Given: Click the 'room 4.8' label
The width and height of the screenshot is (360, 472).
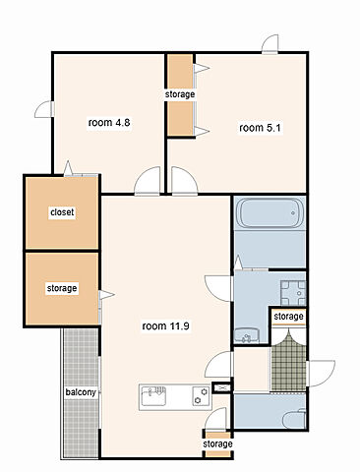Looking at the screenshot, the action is [x=109, y=123].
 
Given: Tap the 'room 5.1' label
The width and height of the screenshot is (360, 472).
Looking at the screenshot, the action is [x=260, y=128].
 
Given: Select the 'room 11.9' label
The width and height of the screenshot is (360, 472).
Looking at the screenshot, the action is [x=166, y=326].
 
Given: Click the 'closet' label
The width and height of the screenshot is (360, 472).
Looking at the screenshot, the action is [x=62, y=212].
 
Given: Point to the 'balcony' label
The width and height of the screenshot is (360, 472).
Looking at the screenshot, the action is [x=81, y=392].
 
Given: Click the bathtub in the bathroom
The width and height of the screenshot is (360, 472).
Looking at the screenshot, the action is [x=270, y=213].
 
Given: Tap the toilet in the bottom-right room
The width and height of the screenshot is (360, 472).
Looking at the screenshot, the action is [x=294, y=419].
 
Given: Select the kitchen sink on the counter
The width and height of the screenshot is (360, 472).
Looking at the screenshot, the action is [x=152, y=395].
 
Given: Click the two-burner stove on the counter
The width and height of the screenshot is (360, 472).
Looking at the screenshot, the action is [x=201, y=396].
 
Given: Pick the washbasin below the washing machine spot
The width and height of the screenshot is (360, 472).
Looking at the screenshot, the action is [x=246, y=335].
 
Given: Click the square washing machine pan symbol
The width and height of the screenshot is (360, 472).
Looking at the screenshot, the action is [x=293, y=293].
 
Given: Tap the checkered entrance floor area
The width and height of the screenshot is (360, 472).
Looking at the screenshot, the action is [x=288, y=364].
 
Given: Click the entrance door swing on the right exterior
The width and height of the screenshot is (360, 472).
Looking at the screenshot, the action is [x=322, y=373].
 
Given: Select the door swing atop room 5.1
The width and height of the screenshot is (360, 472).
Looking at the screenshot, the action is [x=270, y=43].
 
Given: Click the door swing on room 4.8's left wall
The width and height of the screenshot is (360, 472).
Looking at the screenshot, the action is [x=43, y=109].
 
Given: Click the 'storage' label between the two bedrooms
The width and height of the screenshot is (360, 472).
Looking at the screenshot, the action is [x=180, y=94].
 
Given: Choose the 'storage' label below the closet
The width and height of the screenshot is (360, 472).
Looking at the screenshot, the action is [x=62, y=288].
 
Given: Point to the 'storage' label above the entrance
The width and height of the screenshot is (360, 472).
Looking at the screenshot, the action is [x=288, y=317].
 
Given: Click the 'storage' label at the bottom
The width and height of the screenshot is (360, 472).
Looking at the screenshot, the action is [x=217, y=444].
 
